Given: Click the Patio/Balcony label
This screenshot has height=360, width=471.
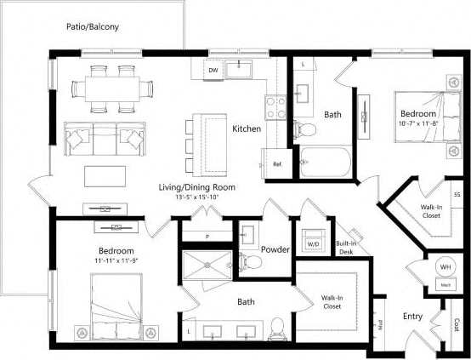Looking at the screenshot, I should point(93,26).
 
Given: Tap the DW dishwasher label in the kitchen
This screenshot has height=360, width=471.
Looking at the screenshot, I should point(213,71).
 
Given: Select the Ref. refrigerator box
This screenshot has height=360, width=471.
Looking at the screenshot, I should point(277,163).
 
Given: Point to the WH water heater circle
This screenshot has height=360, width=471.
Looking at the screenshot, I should point(445,267).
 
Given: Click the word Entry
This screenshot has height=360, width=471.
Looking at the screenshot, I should point(413,317).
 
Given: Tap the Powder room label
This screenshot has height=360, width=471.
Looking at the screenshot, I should point(275,249).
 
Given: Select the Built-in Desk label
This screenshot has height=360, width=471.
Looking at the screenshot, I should point(345,248).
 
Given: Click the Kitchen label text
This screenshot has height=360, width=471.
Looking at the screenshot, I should point(247,129).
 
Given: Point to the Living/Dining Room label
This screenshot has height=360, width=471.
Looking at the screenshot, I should point(196,186).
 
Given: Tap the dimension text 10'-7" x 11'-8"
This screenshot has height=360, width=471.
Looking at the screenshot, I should point(417,123).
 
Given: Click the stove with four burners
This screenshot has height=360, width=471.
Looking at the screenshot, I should point(276,106).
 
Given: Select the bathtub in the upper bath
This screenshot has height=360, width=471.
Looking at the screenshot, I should point(324,161).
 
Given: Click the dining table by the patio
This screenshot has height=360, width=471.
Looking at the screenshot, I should point(114,87).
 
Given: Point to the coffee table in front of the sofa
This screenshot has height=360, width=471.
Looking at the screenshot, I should point(105,175).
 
